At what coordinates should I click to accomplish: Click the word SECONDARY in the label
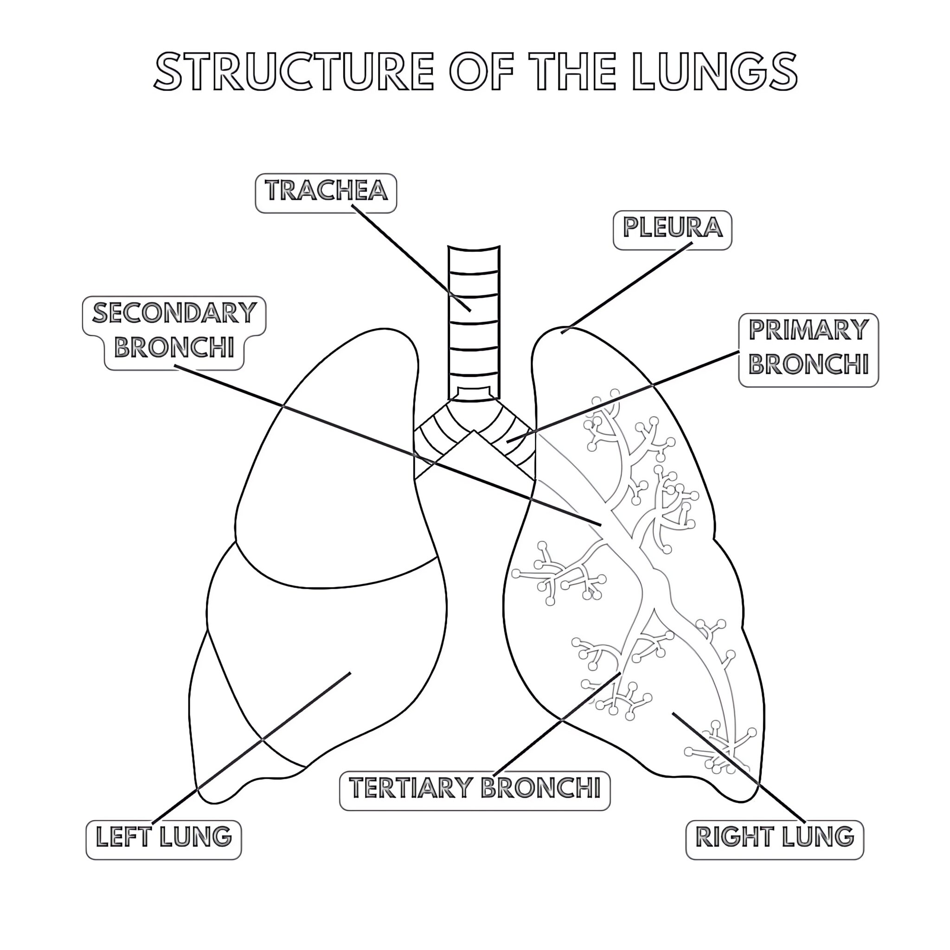point(175,314)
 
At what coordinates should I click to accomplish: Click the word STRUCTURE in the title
point(294,72)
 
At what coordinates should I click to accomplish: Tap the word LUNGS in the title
point(714,72)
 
